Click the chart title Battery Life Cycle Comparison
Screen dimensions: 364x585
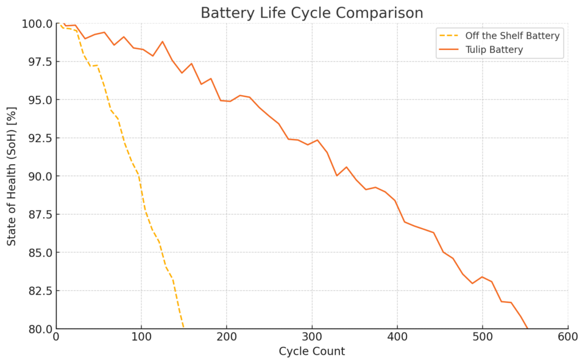pos(311,13)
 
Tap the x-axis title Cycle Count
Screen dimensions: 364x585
pos(311,351)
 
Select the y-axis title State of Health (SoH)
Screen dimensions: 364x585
pos(12,176)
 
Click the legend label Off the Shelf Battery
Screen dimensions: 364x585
pos(512,36)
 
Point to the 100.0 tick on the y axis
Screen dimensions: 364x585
pos(38,24)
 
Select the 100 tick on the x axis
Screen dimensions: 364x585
pos(141,337)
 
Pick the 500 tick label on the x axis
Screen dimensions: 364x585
pos(483,337)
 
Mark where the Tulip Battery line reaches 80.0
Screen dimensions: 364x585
pos(528,329)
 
